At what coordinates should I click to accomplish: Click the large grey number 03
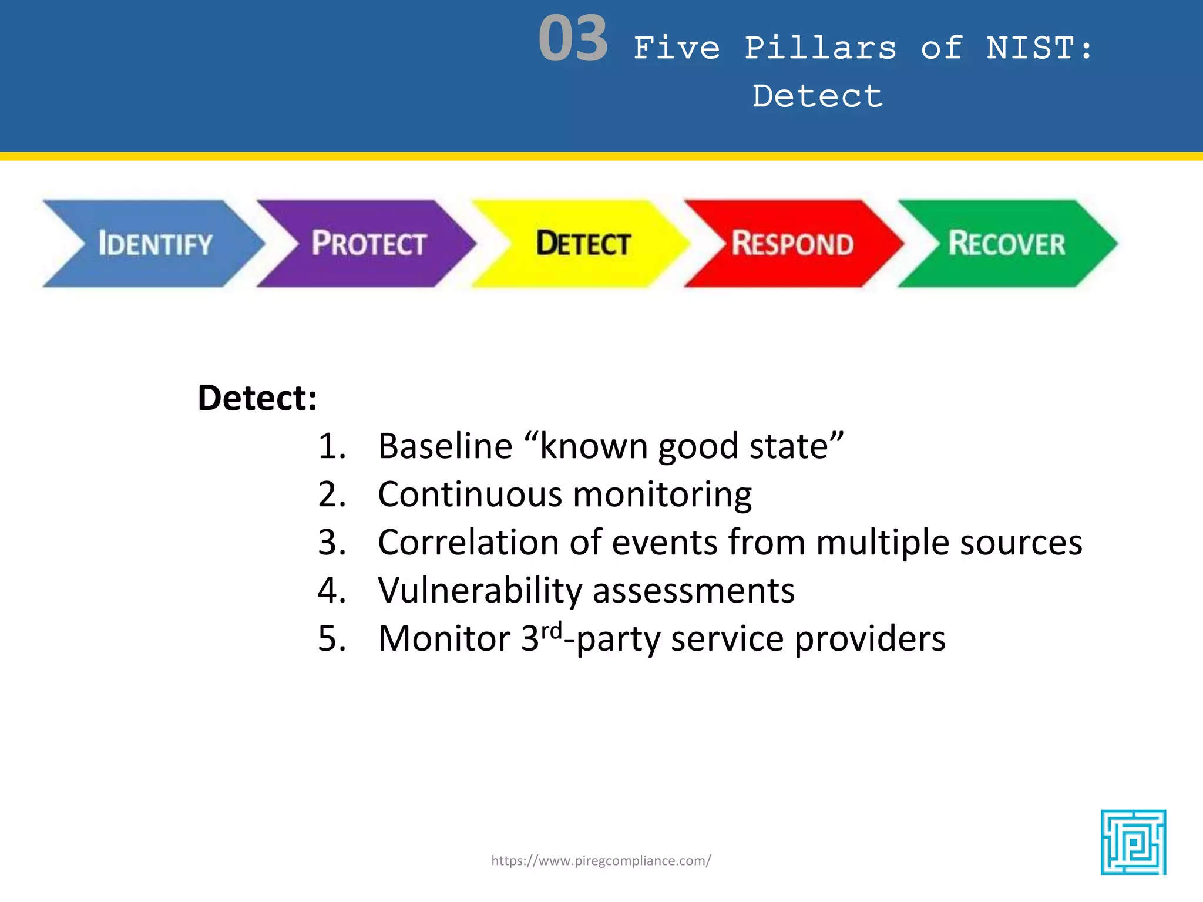[573, 39]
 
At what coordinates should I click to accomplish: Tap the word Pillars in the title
[821, 48]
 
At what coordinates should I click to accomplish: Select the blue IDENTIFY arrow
[154, 244]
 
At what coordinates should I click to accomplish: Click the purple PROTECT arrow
[368, 244]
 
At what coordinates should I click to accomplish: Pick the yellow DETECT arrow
[583, 244]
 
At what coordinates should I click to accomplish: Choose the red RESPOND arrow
[792, 244]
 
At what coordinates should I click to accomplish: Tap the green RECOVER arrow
[1006, 244]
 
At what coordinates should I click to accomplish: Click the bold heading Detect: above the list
[257, 398]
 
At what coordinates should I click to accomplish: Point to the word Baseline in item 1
[445, 446]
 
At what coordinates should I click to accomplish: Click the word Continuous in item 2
[470, 494]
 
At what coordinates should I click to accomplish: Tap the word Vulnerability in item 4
[479, 590]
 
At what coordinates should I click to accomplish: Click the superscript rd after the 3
[551, 631]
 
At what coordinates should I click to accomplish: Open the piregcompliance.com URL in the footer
[601, 861]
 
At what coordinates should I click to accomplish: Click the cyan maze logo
[1133, 842]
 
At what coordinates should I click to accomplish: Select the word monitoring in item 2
[662, 494]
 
